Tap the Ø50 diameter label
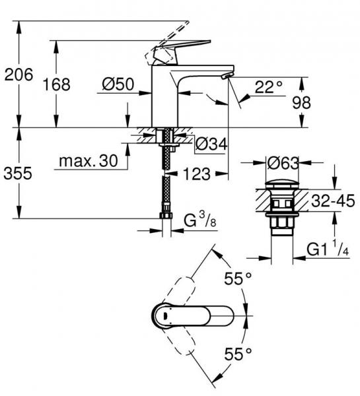coord(119,84)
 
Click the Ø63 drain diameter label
coord(283,160)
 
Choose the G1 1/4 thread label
coord(329,250)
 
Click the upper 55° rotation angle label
coord(238,280)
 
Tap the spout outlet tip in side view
coord(226,77)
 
